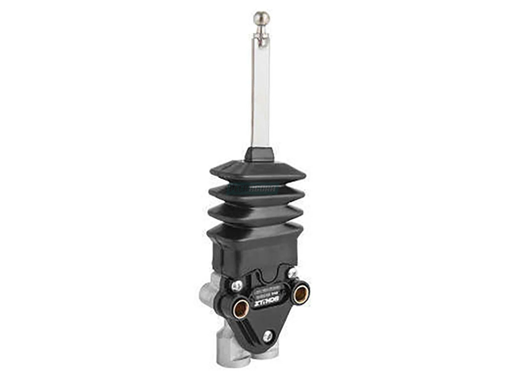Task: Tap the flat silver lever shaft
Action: pos(260,93)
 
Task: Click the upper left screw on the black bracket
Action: pos(237,286)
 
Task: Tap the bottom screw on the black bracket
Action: pos(267,336)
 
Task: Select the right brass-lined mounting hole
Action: pos(300,294)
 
